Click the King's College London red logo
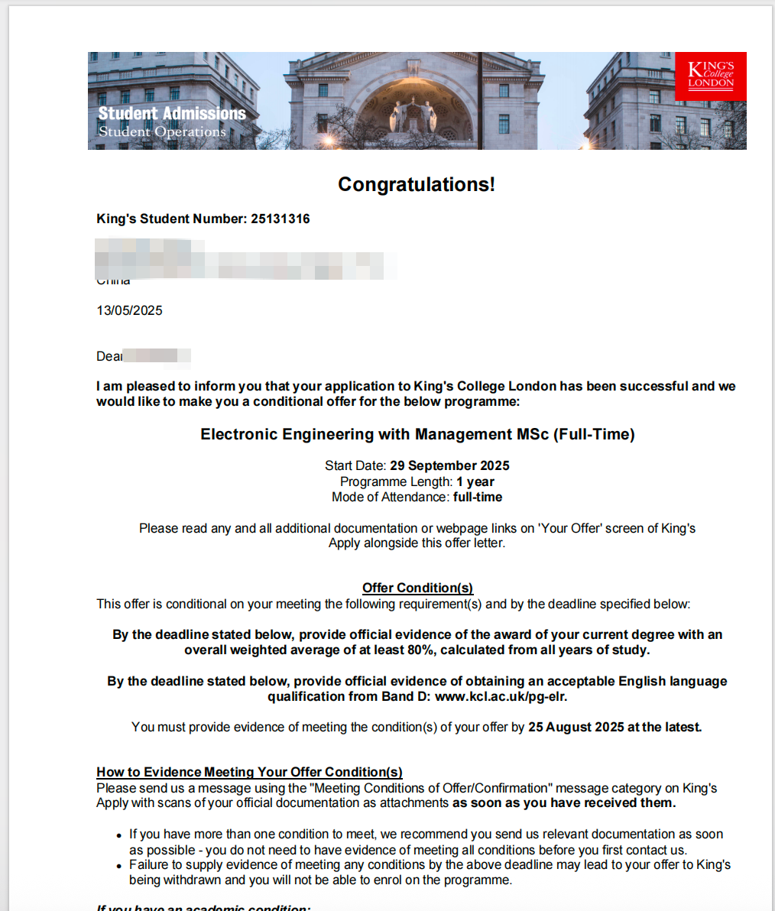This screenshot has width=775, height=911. [x=711, y=76]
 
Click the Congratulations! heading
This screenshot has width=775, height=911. [x=417, y=184]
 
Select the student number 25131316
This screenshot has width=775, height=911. [x=280, y=219]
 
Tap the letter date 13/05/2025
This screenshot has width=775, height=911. [x=129, y=310]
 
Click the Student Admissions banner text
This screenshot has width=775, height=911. [x=172, y=113]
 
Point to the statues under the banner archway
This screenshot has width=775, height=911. [x=413, y=115]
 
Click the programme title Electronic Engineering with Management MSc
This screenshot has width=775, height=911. [x=417, y=434]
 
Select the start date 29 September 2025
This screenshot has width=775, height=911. [x=449, y=465]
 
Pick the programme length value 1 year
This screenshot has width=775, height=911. [x=475, y=481]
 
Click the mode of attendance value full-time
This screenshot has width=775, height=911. [x=478, y=497]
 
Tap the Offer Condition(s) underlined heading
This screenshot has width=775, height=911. [x=417, y=588]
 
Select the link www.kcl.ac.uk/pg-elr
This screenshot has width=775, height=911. [x=501, y=696]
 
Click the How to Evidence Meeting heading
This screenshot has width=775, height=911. [x=249, y=772]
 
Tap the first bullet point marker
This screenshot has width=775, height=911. [x=119, y=835]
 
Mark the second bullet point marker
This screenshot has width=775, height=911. [x=119, y=866]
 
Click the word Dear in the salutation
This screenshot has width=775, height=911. [x=109, y=356]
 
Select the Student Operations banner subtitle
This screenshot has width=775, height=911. [x=162, y=131]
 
